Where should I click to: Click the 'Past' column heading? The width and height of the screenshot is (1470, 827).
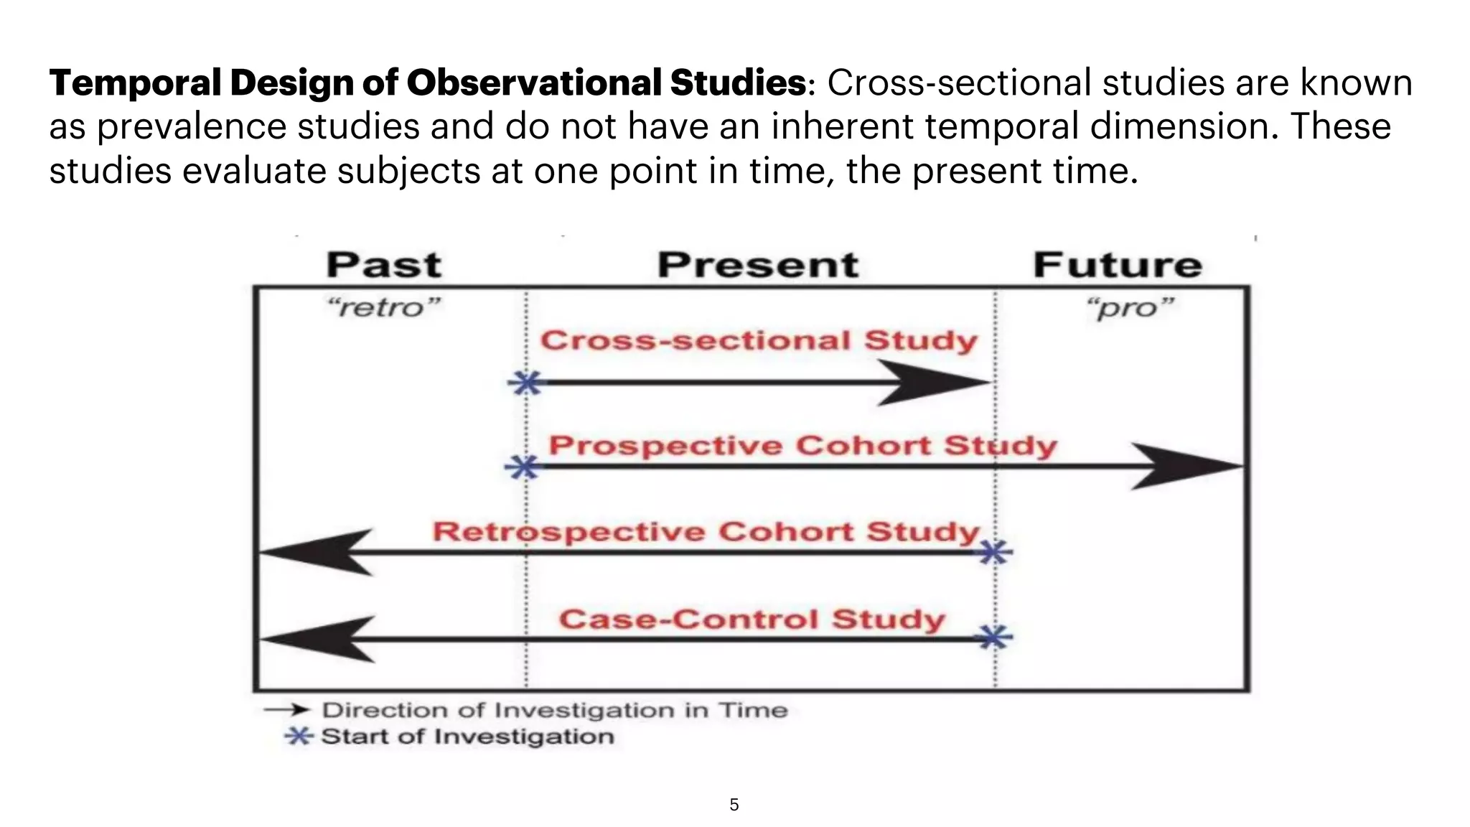click(x=384, y=265)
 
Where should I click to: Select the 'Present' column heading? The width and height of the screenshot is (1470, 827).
click(x=758, y=265)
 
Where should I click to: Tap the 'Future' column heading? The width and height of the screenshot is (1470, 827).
click(x=1118, y=265)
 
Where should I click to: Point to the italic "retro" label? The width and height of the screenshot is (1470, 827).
click(x=383, y=308)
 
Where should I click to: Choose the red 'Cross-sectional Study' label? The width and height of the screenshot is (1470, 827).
click(x=759, y=340)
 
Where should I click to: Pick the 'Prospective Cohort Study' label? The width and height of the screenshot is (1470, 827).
click(x=802, y=446)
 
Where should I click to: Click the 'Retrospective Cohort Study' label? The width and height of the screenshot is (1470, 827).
click(x=706, y=532)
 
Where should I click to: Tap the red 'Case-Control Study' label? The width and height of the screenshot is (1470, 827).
click(x=752, y=619)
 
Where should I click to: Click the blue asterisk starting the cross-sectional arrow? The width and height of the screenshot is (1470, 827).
click(x=526, y=383)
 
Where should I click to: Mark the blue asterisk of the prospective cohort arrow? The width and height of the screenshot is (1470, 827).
click(x=523, y=467)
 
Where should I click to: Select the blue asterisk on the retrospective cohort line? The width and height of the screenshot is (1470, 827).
click(x=995, y=552)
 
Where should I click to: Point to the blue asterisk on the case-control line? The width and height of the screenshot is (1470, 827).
click(x=995, y=637)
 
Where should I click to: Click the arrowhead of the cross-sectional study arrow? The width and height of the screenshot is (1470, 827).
click(x=933, y=383)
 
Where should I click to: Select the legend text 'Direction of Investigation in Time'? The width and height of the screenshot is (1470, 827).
click(x=554, y=710)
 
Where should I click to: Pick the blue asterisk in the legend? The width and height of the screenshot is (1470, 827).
click(x=298, y=736)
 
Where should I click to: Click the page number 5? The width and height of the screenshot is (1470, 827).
click(x=734, y=805)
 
